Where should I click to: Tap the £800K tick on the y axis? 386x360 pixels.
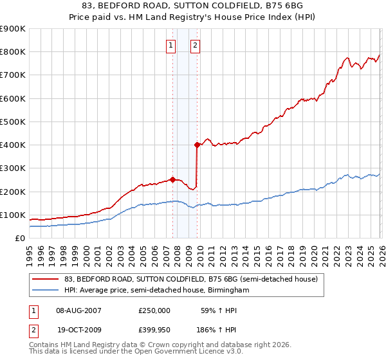(x=13, y=52)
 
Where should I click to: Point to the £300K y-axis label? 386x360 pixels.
(x=13, y=168)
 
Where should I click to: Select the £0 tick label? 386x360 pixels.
(x=20, y=239)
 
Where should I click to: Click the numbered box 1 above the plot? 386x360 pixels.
(x=171, y=45)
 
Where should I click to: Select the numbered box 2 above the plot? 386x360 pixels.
(x=194, y=45)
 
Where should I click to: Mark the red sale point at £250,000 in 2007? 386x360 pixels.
(x=172, y=180)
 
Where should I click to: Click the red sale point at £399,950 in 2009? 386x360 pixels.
(x=197, y=145)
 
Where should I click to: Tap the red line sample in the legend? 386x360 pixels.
(x=46, y=279)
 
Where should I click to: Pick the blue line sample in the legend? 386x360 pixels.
(x=46, y=291)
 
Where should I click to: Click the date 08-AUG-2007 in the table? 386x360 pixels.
(x=78, y=310)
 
